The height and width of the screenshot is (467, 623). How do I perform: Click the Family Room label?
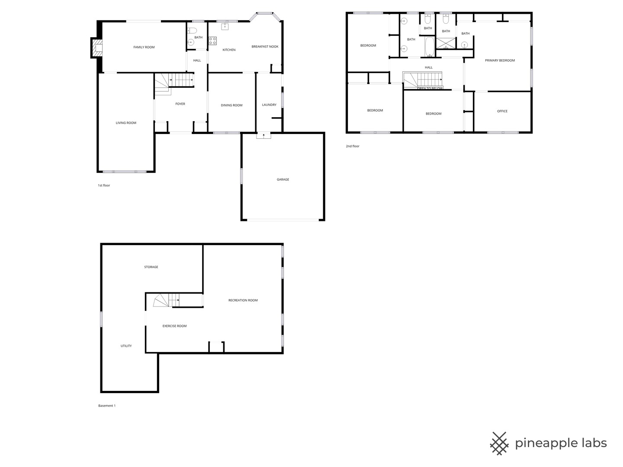click(x=144, y=47)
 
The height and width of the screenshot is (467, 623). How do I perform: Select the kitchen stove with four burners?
click(x=212, y=41)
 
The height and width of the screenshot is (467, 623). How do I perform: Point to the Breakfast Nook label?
click(x=265, y=47)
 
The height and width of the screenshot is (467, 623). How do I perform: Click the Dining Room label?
click(x=231, y=105)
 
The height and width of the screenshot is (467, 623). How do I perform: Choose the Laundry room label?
click(x=269, y=105)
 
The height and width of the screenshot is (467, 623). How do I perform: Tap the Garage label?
click(x=283, y=179)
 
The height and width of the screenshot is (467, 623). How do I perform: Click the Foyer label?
click(x=180, y=104)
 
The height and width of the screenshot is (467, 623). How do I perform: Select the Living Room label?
click(x=126, y=123)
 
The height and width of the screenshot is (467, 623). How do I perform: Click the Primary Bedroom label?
click(x=500, y=61)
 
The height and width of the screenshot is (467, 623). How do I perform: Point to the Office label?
click(x=502, y=111)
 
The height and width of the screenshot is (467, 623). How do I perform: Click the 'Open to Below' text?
click(x=430, y=88)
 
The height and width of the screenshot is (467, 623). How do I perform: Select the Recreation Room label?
click(x=243, y=300)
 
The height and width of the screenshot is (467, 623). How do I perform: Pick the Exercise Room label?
click(x=174, y=326)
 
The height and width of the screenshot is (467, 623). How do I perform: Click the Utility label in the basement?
click(x=126, y=346)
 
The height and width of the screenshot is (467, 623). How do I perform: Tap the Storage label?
click(x=151, y=267)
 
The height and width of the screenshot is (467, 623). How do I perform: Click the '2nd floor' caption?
click(x=352, y=146)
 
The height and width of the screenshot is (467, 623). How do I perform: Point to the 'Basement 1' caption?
click(x=107, y=406)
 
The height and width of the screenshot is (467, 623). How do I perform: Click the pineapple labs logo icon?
click(x=499, y=443)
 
